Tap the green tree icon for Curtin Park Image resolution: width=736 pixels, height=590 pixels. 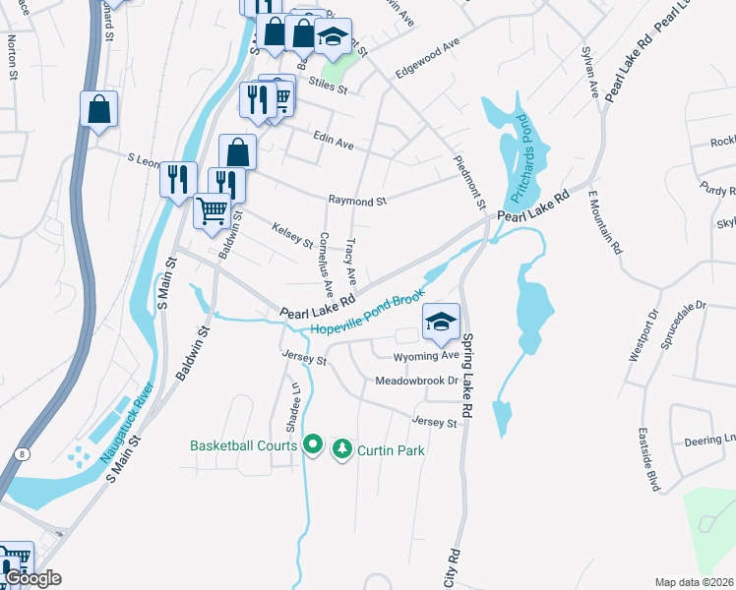[342, 448]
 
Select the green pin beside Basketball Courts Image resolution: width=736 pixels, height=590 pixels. [313, 446]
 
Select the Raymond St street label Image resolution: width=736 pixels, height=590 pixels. [357, 201]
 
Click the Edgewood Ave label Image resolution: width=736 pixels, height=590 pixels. [427, 58]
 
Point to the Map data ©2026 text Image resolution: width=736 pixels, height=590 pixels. [694, 582]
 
